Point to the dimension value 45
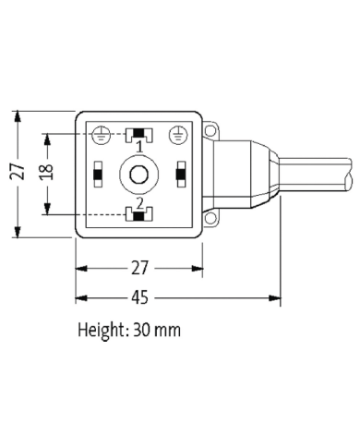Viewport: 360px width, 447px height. (x=138, y=298)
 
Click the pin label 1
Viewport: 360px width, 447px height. (x=139, y=148)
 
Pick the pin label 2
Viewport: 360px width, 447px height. (x=139, y=201)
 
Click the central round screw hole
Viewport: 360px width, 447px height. (x=138, y=173)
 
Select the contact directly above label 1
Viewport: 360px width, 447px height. (x=138, y=135)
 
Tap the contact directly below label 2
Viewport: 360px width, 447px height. (x=138, y=215)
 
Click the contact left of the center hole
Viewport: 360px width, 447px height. (x=97, y=173)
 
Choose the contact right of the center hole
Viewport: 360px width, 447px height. (x=179, y=173)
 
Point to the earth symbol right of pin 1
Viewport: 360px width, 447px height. (x=178, y=135)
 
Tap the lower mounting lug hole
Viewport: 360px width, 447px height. (x=211, y=218)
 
